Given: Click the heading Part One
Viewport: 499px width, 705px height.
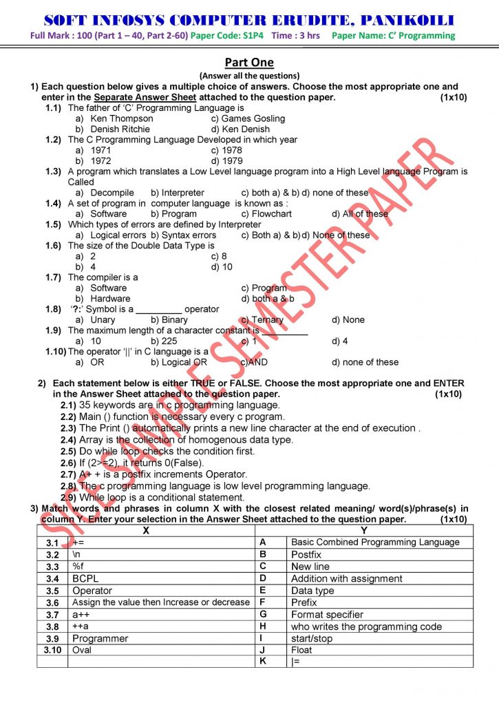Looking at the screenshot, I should [x=249, y=63].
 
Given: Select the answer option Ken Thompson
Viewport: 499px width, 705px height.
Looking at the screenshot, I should [x=121, y=118].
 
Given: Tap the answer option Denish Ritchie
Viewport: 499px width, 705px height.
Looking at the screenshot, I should [x=121, y=129].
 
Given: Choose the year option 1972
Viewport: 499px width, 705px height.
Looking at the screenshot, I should [x=100, y=160].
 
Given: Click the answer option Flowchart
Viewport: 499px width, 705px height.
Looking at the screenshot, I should [x=272, y=213].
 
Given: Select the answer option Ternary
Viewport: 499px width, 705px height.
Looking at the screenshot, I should [x=268, y=319].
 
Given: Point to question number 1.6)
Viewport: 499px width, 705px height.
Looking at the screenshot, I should [x=54, y=245].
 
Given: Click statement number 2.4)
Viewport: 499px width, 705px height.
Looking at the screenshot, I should [x=68, y=439].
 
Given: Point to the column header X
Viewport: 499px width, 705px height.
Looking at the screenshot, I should [x=145, y=530].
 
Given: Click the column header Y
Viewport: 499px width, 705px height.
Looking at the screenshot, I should [x=363, y=530].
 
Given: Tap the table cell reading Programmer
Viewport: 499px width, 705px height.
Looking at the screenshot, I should [x=100, y=638].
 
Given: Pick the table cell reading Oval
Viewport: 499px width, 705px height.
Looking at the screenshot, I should [x=82, y=650].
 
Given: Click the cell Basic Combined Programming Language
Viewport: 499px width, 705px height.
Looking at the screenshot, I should [x=375, y=543].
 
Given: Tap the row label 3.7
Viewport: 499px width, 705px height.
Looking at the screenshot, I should [x=52, y=614].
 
